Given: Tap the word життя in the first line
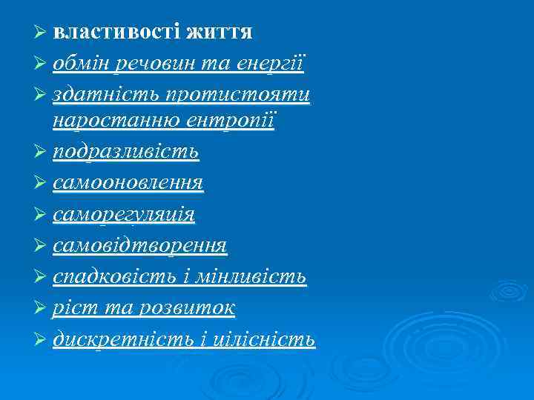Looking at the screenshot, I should (220, 33).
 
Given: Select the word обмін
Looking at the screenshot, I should (80, 64).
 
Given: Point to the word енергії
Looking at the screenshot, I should (271, 65).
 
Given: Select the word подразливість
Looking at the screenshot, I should (125, 153).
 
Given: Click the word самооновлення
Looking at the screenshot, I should (128, 183).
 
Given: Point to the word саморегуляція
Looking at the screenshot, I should (123, 215).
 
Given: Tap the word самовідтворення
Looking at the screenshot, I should (139, 245).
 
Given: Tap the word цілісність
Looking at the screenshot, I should (261, 339).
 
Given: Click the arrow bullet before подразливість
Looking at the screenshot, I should (42, 152).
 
